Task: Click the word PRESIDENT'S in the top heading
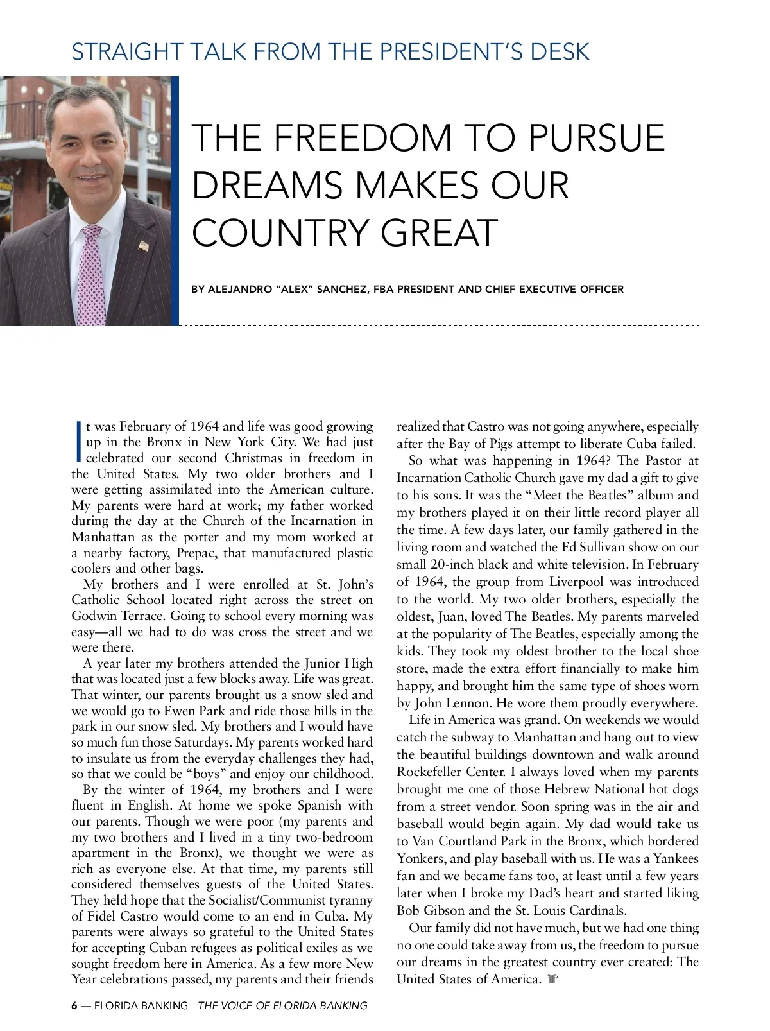point(449,51)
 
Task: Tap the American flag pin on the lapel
point(144,245)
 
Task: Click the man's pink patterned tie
point(92,276)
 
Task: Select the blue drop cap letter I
point(78,442)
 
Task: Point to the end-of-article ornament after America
point(552,979)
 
